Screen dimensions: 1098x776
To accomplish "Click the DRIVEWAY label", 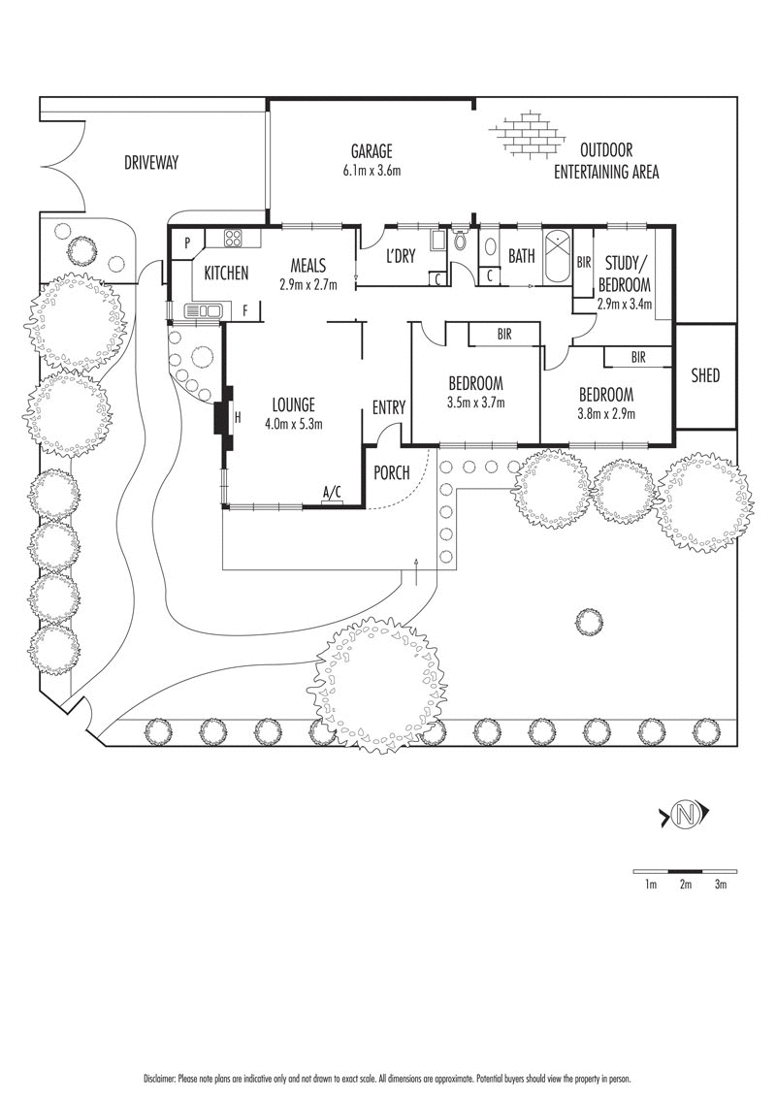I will tap(151, 163).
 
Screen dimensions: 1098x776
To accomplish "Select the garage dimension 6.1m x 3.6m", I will tap(372, 171).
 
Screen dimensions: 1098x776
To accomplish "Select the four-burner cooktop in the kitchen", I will tap(235, 239).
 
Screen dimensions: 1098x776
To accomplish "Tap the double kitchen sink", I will tap(204, 310).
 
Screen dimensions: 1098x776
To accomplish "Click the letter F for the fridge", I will tap(245, 310).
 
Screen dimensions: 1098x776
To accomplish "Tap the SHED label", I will tap(705, 375).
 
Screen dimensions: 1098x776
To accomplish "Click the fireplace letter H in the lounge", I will tap(239, 416).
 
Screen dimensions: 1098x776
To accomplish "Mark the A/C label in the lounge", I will tap(332, 493).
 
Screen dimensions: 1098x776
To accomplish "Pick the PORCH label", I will tap(392, 472).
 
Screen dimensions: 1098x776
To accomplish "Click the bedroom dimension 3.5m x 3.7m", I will tap(475, 403).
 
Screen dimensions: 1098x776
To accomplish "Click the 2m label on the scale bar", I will tap(685, 885).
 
